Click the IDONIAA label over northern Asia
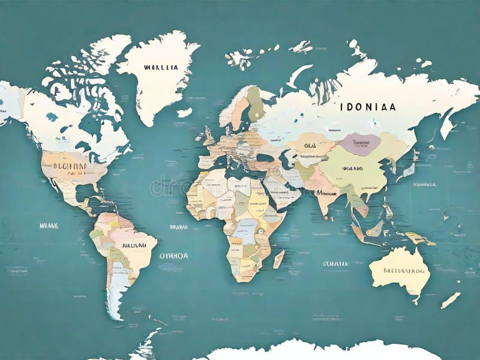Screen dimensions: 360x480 coord(367,107)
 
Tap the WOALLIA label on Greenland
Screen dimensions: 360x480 coord(161,68)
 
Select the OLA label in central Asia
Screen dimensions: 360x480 coord(310,145)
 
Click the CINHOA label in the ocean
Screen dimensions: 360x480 coord(173,255)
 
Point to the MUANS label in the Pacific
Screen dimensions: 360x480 coord(49,226)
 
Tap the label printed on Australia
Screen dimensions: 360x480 coord(399,271)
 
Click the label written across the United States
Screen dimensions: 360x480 coord(70,166)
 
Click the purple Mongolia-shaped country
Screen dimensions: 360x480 coord(361,144)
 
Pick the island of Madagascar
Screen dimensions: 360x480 coord(279,259)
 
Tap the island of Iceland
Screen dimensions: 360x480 coord(184,112)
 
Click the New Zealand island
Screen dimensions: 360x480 coord(451,300)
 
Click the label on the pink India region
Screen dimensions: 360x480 coord(326,193)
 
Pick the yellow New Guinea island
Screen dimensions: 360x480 coord(420,238)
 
